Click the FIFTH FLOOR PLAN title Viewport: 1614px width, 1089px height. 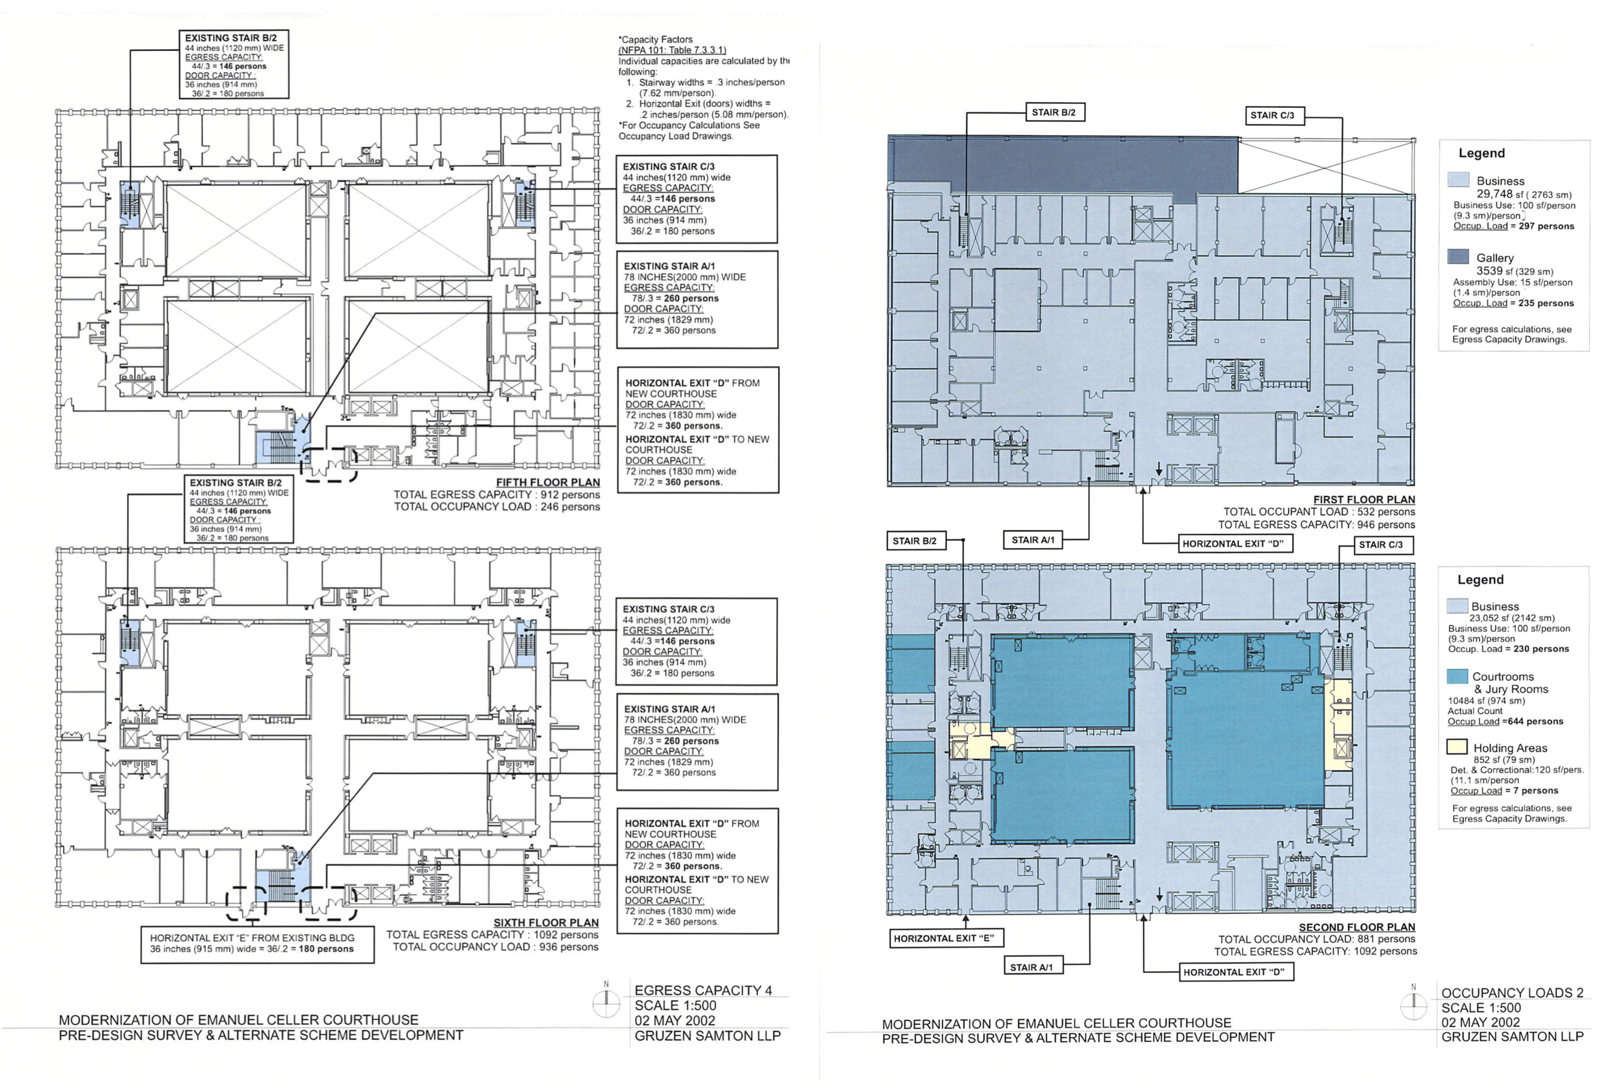click(x=548, y=483)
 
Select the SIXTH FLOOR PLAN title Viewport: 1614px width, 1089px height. click(x=546, y=923)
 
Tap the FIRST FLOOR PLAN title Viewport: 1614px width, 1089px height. click(x=1364, y=500)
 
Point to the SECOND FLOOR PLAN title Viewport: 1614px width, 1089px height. click(x=1357, y=928)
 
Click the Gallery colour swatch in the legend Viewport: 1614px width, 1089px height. click(x=1458, y=257)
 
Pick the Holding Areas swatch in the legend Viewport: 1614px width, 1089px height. click(x=1456, y=748)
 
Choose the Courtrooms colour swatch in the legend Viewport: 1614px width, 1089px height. click(x=1457, y=677)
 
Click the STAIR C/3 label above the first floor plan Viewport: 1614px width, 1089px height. click(x=1272, y=116)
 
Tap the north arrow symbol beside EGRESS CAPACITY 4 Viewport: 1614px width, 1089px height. click(x=606, y=1001)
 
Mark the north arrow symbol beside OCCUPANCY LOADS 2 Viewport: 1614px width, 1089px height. click(x=1413, y=1004)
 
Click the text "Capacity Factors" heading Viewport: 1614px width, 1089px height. click(x=655, y=39)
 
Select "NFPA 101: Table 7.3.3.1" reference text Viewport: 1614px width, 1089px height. click(x=672, y=50)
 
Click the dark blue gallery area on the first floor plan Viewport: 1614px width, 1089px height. click(x=1063, y=165)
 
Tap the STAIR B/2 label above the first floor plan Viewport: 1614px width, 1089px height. click(x=1054, y=112)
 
